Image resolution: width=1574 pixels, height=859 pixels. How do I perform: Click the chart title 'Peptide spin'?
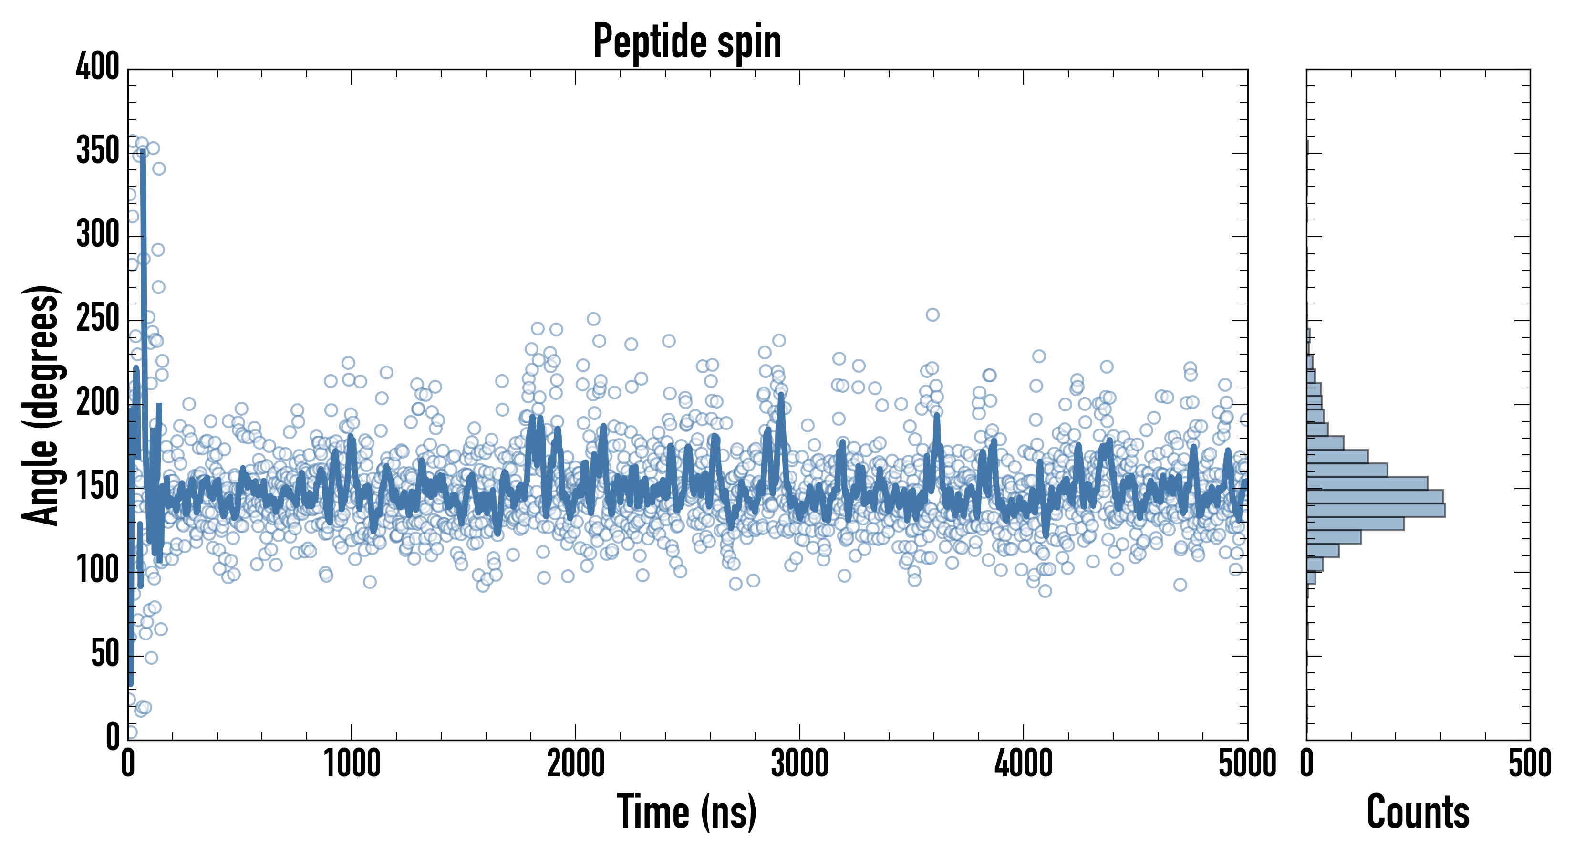[687, 42]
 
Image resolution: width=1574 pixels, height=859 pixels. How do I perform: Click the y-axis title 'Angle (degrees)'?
[41, 405]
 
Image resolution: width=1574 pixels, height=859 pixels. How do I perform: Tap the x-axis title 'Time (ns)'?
[687, 811]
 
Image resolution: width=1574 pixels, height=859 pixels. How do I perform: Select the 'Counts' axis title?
[1418, 811]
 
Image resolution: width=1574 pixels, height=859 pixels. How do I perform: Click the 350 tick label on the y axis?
[98, 150]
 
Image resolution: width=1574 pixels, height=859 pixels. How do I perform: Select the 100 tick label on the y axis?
[98, 570]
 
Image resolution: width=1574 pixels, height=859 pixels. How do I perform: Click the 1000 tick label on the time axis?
[352, 764]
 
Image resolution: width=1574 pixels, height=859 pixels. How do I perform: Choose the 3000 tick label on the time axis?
[799, 764]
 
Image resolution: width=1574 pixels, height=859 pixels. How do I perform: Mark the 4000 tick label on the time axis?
[1024, 764]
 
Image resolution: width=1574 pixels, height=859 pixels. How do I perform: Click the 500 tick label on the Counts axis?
[1529, 764]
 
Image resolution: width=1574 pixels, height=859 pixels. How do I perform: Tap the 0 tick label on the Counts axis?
[1307, 764]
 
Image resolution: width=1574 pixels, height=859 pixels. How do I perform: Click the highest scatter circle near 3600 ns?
[932, 315]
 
